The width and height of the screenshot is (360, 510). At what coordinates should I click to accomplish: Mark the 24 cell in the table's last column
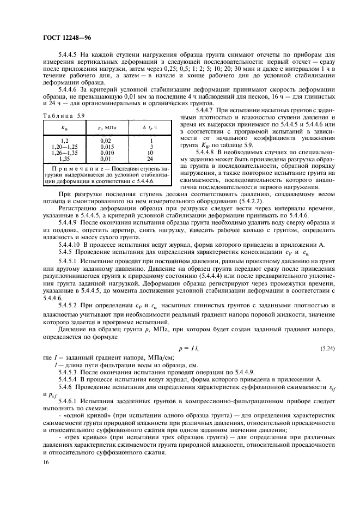tap(150, 158)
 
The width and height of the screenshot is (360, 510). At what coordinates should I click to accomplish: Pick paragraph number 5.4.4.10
tap(72, 261)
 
